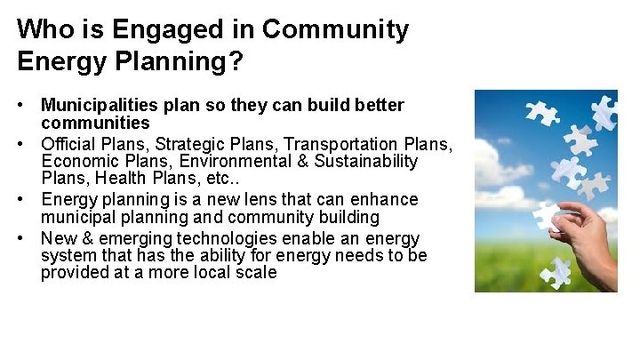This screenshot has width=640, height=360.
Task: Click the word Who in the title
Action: tap(44, 29)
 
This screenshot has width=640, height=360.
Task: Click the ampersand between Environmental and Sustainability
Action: tap(288, 161)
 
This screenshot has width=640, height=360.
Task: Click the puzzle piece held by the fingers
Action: tap(546, 216)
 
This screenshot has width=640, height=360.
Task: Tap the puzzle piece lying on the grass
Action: tap(557, 271)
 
